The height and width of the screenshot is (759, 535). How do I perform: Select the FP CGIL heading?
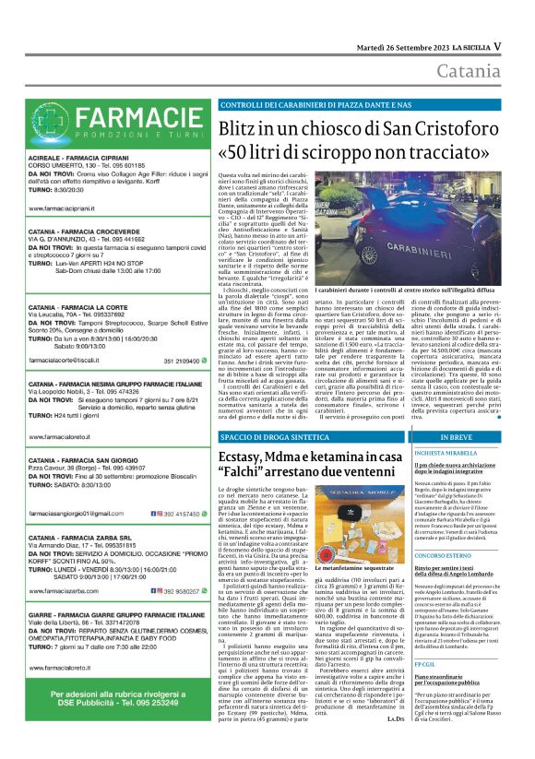pos(424,689)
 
